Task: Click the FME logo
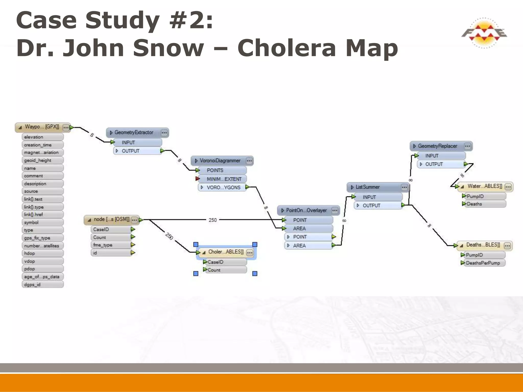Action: tap(484, 33)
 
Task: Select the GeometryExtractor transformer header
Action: tap(134, 133)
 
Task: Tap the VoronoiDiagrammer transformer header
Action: tap(220, 161)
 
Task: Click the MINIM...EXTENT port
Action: tap(224, 179)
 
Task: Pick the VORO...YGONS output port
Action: tap(223, 187)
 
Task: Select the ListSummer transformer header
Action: tap(368, 187)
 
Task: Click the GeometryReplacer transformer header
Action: tap(437, 146)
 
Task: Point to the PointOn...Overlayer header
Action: tap(306, 211)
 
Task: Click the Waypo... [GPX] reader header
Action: tap(42, 127)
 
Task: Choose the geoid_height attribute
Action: tap(38, 160)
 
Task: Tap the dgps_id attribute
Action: tap(32, 285)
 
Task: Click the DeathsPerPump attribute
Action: tap(483, 263)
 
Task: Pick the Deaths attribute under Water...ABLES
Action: tap(474, 204)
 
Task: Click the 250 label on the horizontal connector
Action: tap(212, 220)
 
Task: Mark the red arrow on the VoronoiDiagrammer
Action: tap(197, 179)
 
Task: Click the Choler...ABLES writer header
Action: tap(226, 252)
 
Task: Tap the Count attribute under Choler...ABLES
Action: tap(214, 270)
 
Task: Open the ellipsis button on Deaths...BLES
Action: tap(507, 246)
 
